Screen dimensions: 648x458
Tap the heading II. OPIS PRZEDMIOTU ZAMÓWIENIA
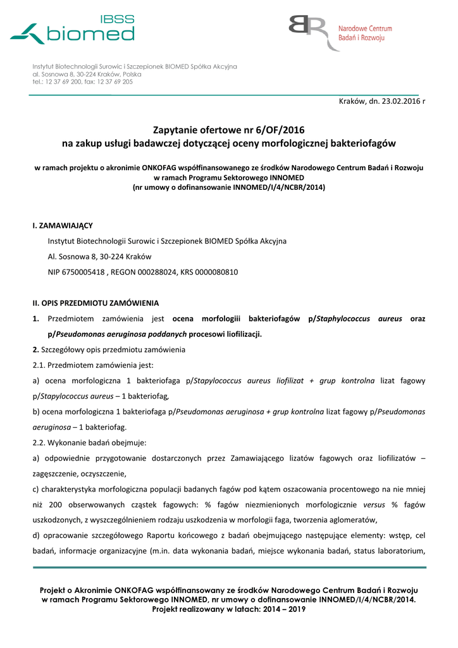point(96,303)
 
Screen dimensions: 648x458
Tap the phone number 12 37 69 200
point(63,82)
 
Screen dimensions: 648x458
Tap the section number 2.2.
point(39,442)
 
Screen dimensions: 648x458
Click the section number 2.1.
point(39,365)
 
